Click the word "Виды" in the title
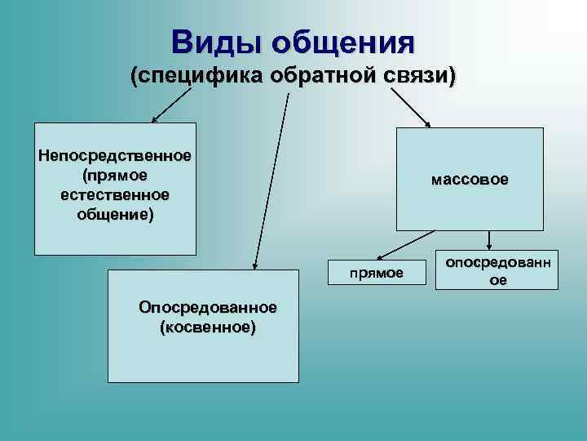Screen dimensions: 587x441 [215, 41]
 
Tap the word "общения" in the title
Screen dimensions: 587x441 [343, 41]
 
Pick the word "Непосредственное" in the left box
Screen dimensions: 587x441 [115, 156]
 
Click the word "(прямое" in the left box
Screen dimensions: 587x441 [115, 176]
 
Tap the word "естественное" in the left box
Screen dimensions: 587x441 [115, 195]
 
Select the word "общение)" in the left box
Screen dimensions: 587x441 [115, 215]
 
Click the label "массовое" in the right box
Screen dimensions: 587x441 [470, 178]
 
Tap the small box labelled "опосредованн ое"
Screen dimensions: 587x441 [497, 270]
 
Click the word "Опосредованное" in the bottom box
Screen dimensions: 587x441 [208, 308]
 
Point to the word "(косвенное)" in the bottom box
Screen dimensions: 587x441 [208, 327]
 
